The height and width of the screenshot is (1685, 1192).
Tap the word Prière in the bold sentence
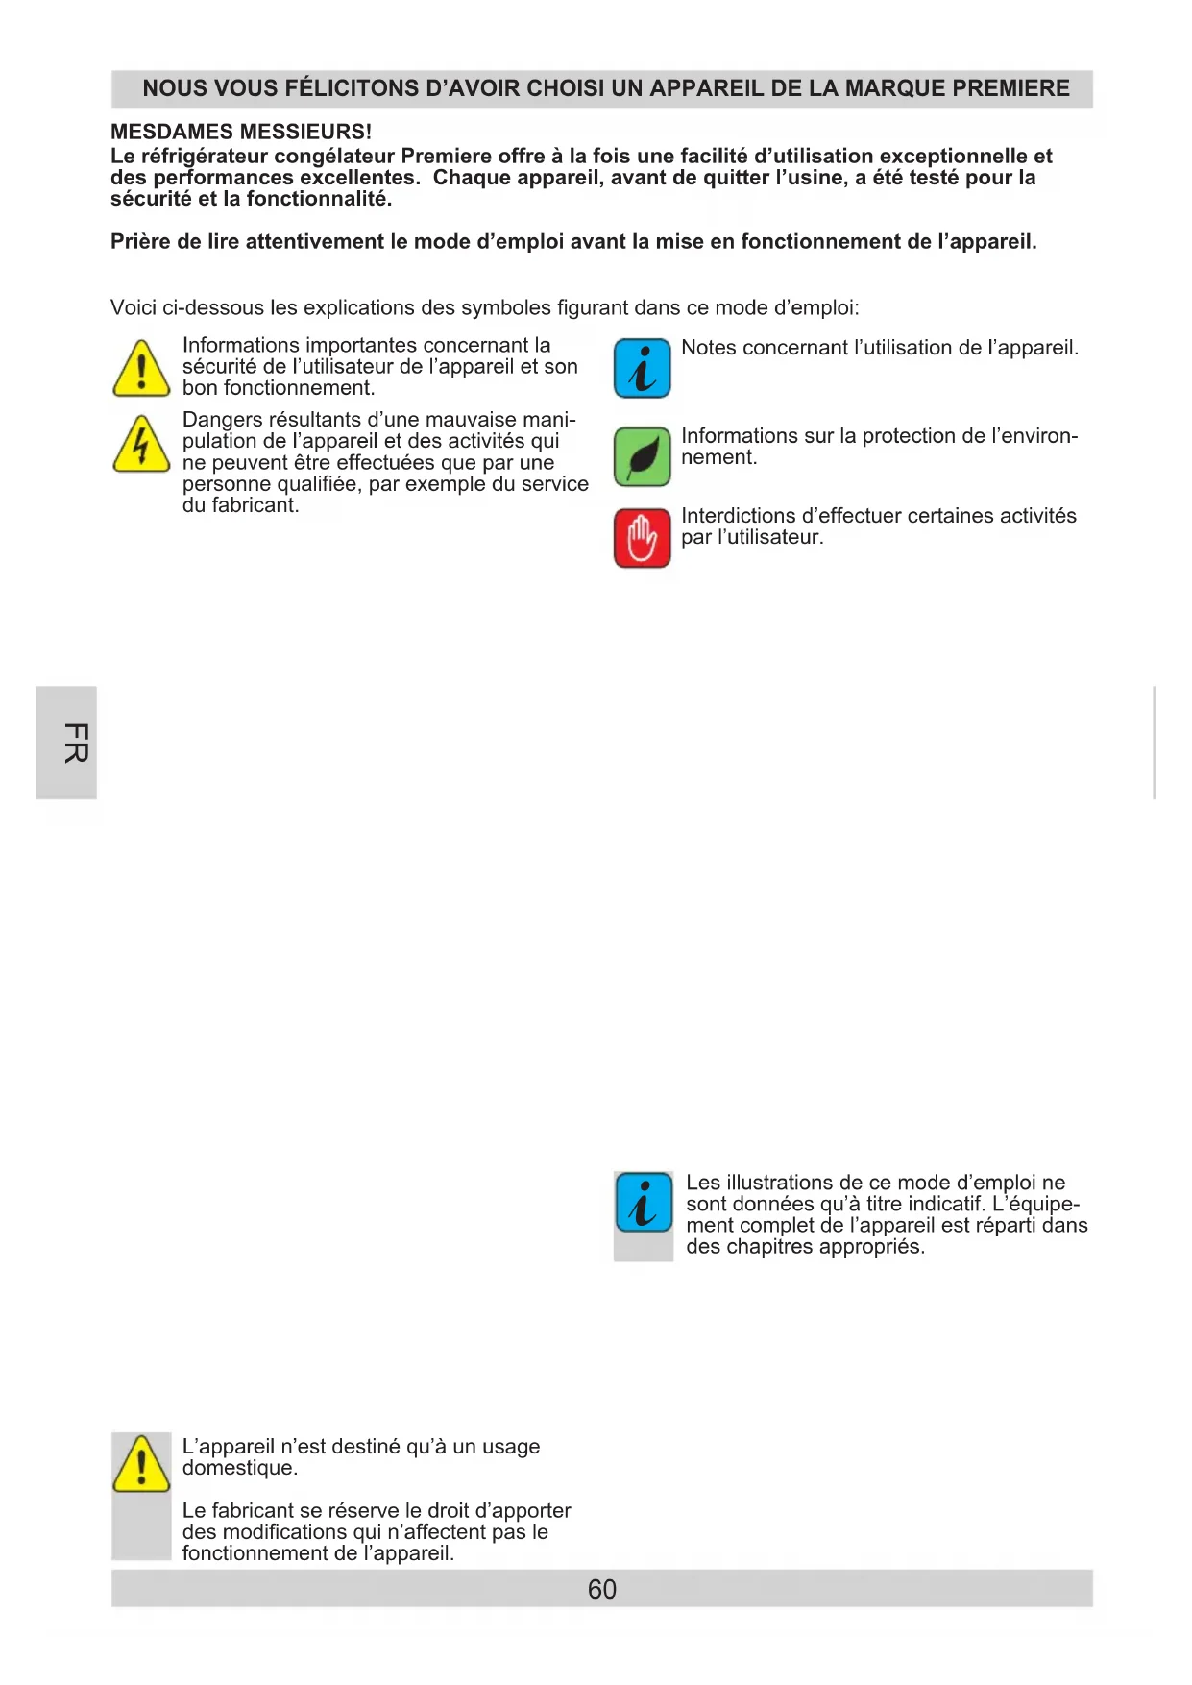[140, 242]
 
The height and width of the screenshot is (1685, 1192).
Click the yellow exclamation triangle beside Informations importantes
[141, 369]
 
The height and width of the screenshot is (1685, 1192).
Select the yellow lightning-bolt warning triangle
[141, 445]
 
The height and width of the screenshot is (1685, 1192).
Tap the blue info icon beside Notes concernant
[642, 369]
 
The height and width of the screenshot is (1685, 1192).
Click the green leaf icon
[642, 457]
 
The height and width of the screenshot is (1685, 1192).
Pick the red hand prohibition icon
[642, 538]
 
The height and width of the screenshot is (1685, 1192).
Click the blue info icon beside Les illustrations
[644, 1202]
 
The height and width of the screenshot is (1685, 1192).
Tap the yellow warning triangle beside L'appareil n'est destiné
[141, 1464]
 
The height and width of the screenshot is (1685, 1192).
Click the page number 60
[602, 1590]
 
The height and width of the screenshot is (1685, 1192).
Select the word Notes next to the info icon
[709, 348]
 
